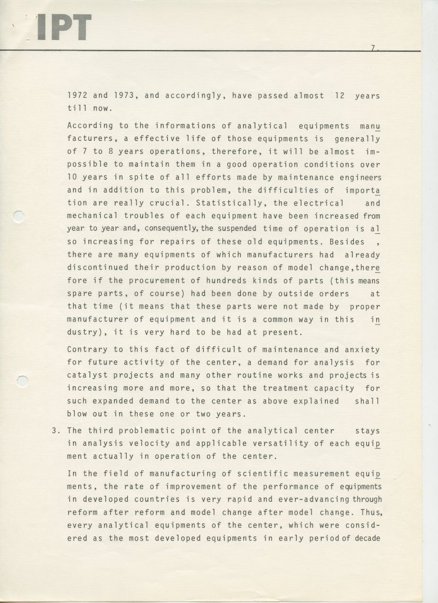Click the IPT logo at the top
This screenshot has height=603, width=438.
click(64, 28)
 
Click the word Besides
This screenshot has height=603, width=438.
click(344, 242)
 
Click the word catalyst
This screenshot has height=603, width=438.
click(87, 376)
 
